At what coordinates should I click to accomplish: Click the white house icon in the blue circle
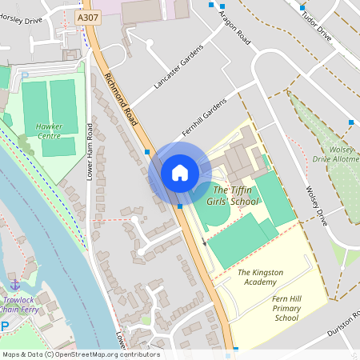179,172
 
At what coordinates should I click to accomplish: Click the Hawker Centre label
49,131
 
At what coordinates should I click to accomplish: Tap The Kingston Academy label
260,277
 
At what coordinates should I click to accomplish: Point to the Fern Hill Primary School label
286,307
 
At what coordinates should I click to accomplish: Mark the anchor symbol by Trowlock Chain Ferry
14,283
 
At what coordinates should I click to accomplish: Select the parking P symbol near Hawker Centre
25,76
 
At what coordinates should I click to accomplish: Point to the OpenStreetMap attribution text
80,354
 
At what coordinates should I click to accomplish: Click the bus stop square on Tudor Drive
302,8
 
